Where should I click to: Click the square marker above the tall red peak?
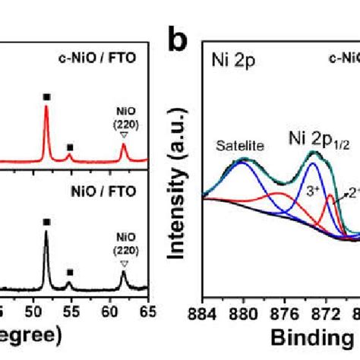point(47,96)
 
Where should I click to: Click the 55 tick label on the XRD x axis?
point(71,310)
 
